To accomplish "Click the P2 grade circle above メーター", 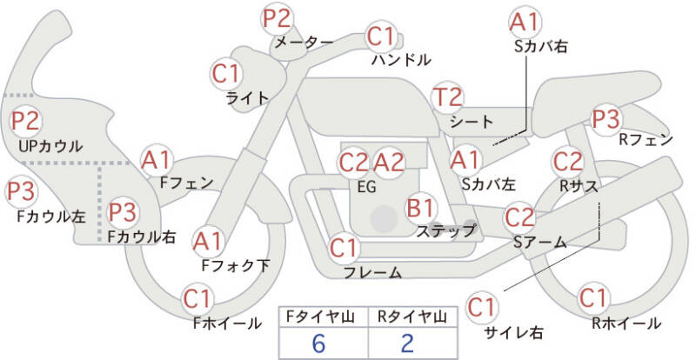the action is (277, 19).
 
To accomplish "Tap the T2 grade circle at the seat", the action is (448, 97).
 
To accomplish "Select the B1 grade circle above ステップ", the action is (421, 207).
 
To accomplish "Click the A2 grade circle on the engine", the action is (389, 163).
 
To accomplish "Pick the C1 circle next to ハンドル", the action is (381, 37).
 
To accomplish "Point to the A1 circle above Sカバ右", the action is (525, 23).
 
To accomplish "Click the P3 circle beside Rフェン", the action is (606, 119).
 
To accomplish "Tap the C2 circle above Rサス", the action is (567, 163).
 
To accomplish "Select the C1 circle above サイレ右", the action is (482, 307).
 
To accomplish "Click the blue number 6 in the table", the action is (318, 343).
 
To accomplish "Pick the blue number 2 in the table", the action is (407, 343).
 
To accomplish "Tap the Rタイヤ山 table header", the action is (412, 317).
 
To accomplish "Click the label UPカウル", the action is (50, 146).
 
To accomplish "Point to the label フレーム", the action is (373, 272).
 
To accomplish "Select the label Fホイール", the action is (227, 323).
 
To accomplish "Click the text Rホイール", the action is (626, 323).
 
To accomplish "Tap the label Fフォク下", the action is (235, 265).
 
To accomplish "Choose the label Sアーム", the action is (540, 242).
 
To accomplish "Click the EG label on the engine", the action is (366, 187).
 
